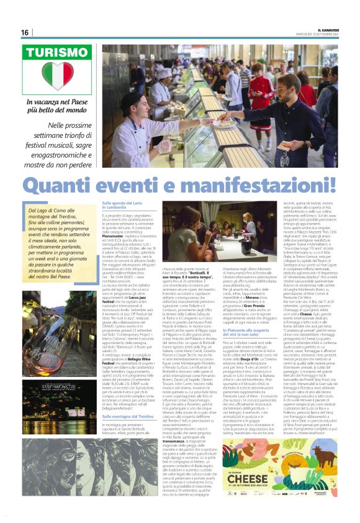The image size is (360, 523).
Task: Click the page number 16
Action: [25, 32]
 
